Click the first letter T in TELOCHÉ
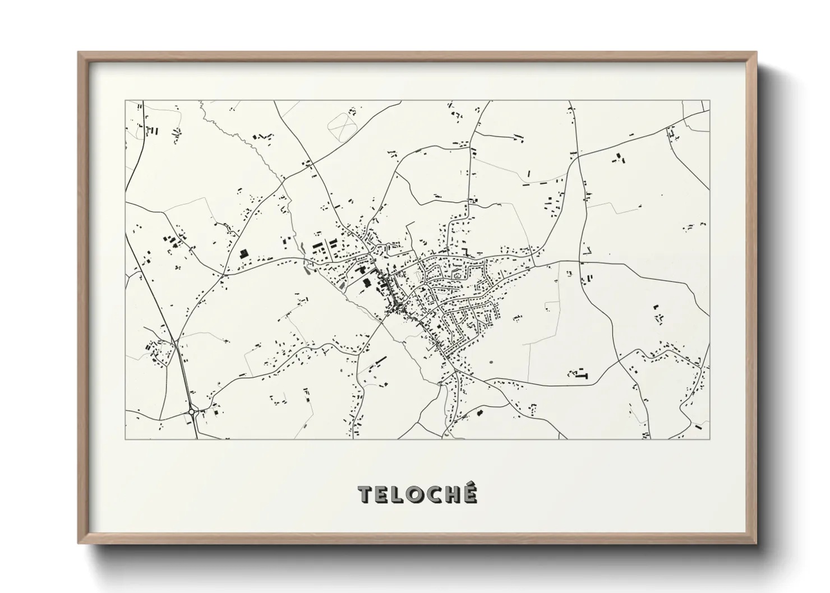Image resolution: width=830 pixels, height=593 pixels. click(366, 495)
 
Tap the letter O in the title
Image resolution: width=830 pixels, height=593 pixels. click(417, 495)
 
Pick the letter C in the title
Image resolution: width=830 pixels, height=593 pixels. click(434, 495)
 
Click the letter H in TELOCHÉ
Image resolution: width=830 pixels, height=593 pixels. click(452, 495)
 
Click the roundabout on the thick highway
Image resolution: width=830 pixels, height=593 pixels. click(192, 412)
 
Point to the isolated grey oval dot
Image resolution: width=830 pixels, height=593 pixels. click(491, 362)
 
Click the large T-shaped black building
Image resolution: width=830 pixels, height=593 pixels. click(582, 374)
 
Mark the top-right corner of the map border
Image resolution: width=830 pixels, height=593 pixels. click(709, 101)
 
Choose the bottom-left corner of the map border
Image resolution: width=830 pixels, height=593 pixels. click(125, 439)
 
